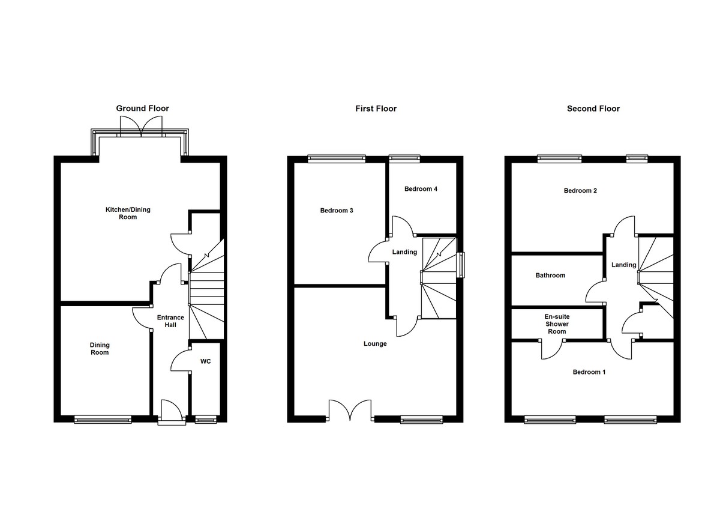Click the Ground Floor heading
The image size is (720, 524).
(x=142, y=108)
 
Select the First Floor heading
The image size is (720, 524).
(x=376, y=109)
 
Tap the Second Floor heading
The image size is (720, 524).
(x=593, y=109)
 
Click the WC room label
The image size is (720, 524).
(x=205, y=361)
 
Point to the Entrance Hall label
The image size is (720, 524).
(x=170, y=321)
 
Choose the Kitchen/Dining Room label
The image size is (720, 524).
(x=128, y=213)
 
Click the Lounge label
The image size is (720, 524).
(x=375, y=344)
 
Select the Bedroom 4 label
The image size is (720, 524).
(x=421, y=189)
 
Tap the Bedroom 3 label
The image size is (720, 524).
(x=337, y=211)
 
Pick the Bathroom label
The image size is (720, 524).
(x=550, y=275)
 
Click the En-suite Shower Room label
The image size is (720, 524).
(x=557, y=324)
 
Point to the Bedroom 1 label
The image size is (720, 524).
(x=589, y=372)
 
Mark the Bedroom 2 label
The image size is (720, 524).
(x=580, y=191)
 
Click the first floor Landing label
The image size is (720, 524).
(x=404, y=252)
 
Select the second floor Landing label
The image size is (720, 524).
(x=623, y=265)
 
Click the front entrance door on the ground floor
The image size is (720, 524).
(x=172, y=412)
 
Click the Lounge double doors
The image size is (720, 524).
(x=350, y=410)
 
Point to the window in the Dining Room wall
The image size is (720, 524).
(x=103, y=419)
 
